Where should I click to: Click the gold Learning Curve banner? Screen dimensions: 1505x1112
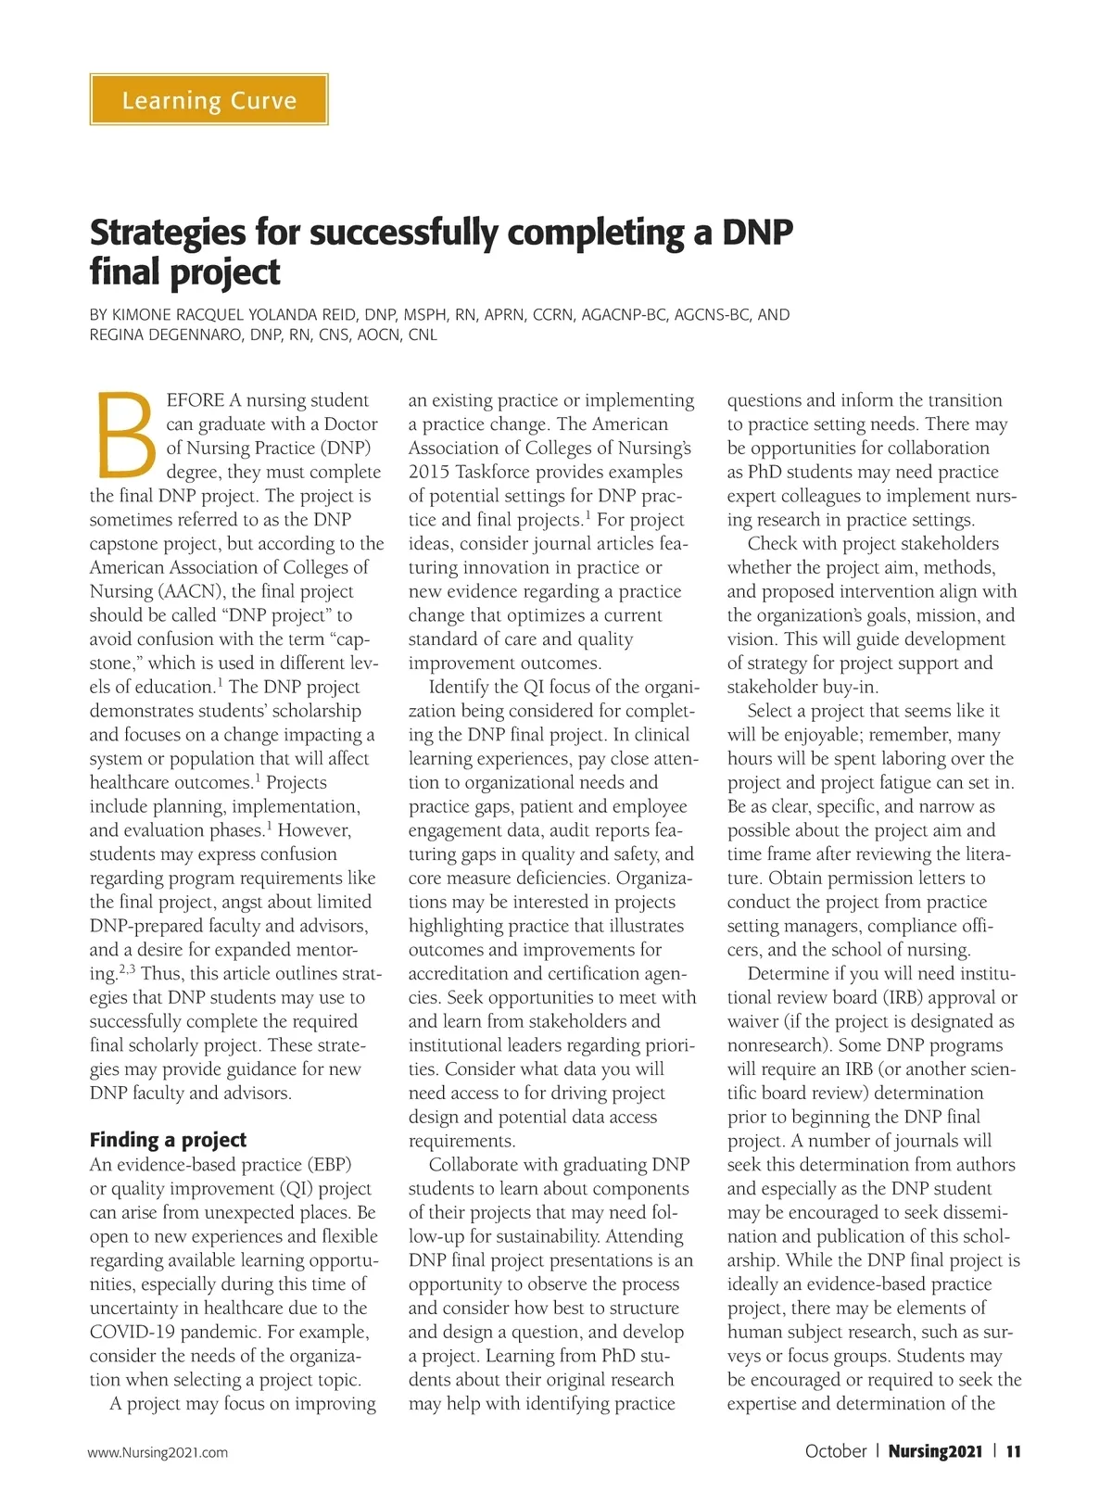pyautogui.click(x=208, y=99)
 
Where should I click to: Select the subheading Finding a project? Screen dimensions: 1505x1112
pyautogui.click(x=168, y=1140)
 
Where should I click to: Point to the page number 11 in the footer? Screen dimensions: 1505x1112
pyautogui.click(x=1013, y=1451)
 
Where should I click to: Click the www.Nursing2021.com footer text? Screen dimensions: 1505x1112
pyautogui.click(x=158, y=1452)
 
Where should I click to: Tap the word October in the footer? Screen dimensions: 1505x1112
pyautogui.click(x=835, y=1451)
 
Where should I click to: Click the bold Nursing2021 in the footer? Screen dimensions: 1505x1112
pyautogui.click(x=934, y=1451)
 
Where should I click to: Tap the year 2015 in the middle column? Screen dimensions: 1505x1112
pyautogui.click(x=428, y=472)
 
